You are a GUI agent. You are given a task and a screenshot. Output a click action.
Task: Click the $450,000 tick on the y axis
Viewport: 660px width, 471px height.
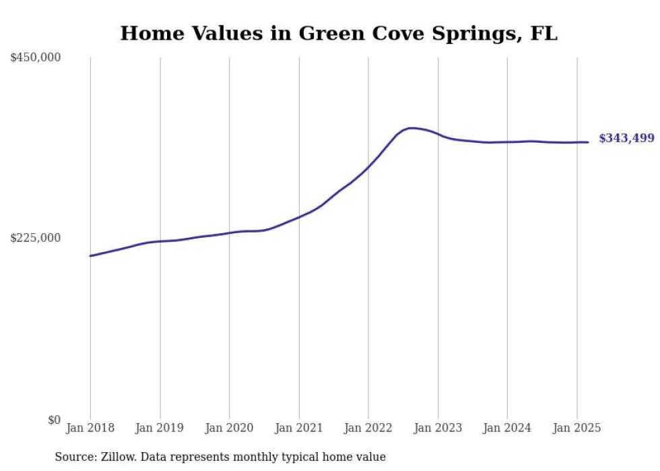click(x=35, y=57)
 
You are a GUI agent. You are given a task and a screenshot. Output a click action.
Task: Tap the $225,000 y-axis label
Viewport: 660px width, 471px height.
click(x=35, y=238)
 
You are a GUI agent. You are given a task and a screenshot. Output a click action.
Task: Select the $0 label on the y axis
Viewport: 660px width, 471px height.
click(x=55, y=420)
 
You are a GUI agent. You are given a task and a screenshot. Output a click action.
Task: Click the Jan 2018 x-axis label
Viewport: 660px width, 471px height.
click(x=90, y=428)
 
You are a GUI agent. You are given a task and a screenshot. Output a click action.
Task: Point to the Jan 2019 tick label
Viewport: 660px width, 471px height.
click(x=160, y=428)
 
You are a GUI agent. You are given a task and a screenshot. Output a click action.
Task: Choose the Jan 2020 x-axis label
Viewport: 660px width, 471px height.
click(x=229, y=428)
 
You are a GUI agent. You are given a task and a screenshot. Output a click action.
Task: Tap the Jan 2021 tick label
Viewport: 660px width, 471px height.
click(x=299, y=428)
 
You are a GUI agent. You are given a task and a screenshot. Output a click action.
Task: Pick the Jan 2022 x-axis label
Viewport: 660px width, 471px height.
click(x=368, y=428)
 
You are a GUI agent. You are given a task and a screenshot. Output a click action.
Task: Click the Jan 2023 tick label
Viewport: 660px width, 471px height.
click(x=438, y=428)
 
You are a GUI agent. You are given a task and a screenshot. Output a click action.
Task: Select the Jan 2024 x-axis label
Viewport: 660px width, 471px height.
click(x=507, y=428)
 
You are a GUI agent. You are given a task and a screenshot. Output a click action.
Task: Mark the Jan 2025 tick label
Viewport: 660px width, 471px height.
click(x=576, y=428)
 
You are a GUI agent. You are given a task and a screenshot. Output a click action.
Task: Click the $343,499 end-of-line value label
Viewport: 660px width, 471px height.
click(x=627, y=138)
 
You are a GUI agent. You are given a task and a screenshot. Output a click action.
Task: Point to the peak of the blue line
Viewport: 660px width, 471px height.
click(x=411, y=128)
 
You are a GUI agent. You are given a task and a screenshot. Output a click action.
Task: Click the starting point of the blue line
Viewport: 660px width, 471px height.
click(x=90, y=256)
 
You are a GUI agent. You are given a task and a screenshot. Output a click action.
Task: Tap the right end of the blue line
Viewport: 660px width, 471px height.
click(x=588, y=142)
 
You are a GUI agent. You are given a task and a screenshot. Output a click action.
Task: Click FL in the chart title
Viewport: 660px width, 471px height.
click(x=544, y=33)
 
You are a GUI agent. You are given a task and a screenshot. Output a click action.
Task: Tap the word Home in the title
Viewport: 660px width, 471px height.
click(x=152, y=33)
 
